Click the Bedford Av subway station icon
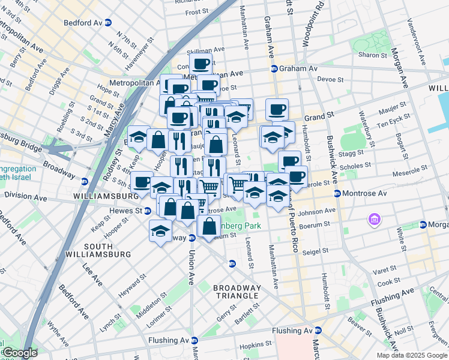108,22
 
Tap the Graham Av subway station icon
274,69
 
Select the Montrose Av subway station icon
337,193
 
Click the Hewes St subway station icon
147,211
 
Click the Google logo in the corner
20,353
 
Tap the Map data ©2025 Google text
411,355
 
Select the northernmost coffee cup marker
201,62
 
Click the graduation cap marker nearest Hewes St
160,230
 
